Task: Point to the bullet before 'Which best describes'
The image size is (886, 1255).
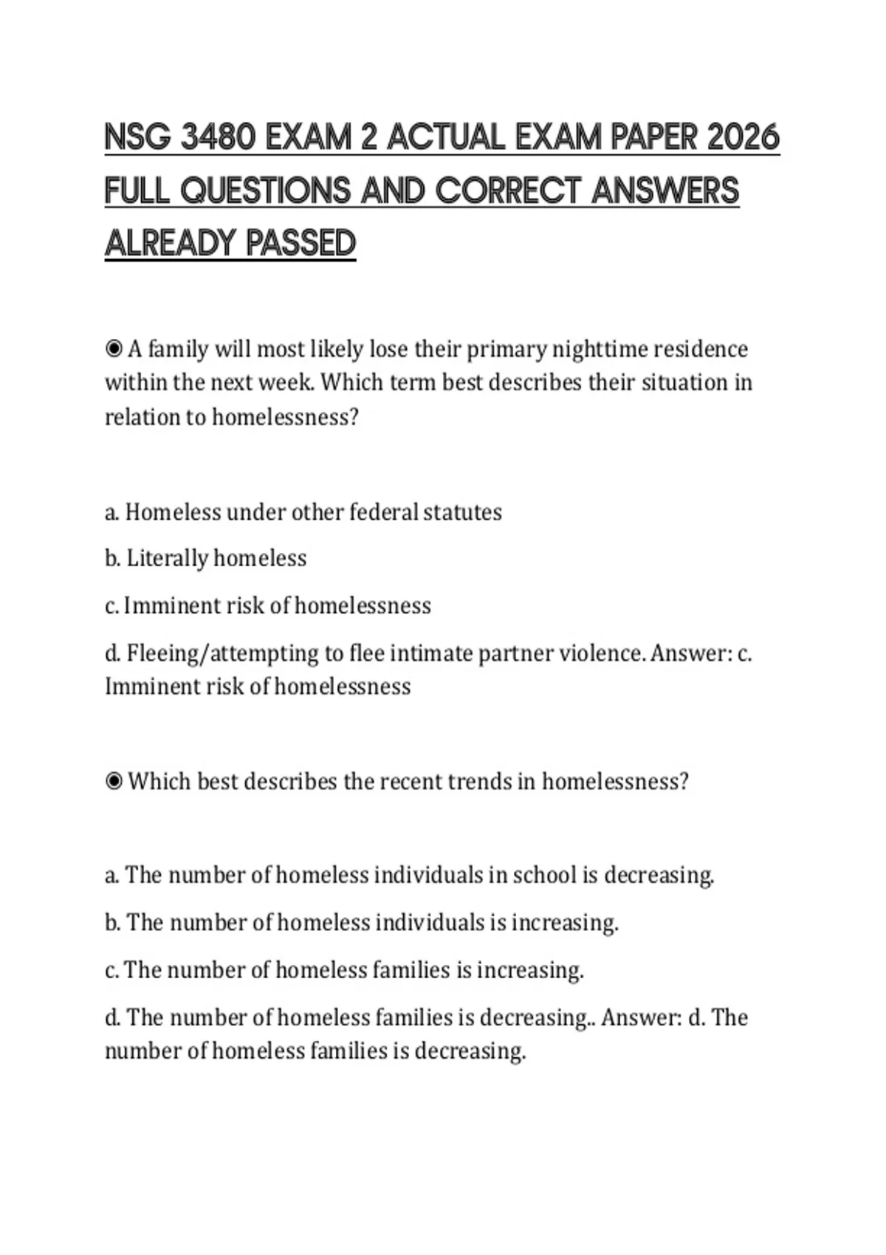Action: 114,782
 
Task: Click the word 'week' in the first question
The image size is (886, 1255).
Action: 284,382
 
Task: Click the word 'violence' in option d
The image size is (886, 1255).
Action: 601,653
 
